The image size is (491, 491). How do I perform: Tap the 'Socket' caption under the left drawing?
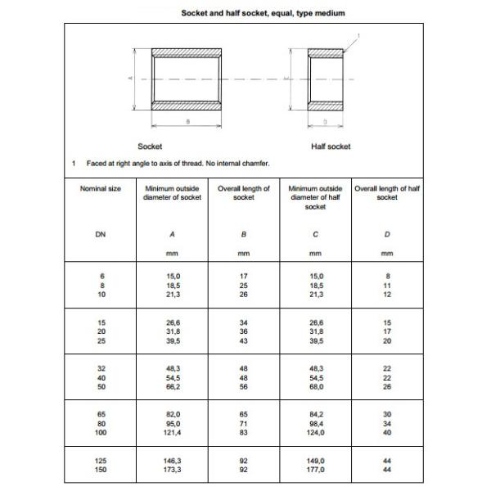click(150, 146)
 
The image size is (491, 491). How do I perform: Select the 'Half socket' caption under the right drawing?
click(331, 146)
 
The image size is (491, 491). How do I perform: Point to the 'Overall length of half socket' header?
click(387, 193)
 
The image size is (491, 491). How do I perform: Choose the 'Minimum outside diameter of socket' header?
click(172, 193)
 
